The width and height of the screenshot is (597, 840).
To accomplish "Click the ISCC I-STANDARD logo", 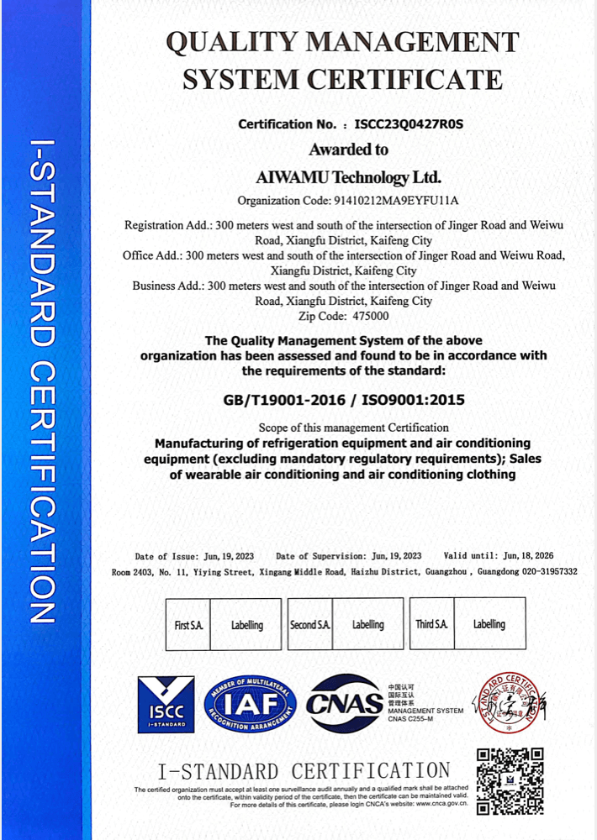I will coord(166,704).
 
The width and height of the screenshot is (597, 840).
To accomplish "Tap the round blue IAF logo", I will coord(251,704).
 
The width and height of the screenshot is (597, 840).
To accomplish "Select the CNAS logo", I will coord(344,704).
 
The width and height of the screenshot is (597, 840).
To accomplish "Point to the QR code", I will coord(510,780).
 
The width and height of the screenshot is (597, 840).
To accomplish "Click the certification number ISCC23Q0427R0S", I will coord(409,124).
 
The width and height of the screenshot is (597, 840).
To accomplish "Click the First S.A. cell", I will coord(188,625).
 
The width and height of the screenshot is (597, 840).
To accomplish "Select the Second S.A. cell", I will coord(310,625).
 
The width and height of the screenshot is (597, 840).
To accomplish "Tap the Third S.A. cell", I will coord(431,624).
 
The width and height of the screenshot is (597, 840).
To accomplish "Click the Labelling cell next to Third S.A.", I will coord(489,624).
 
